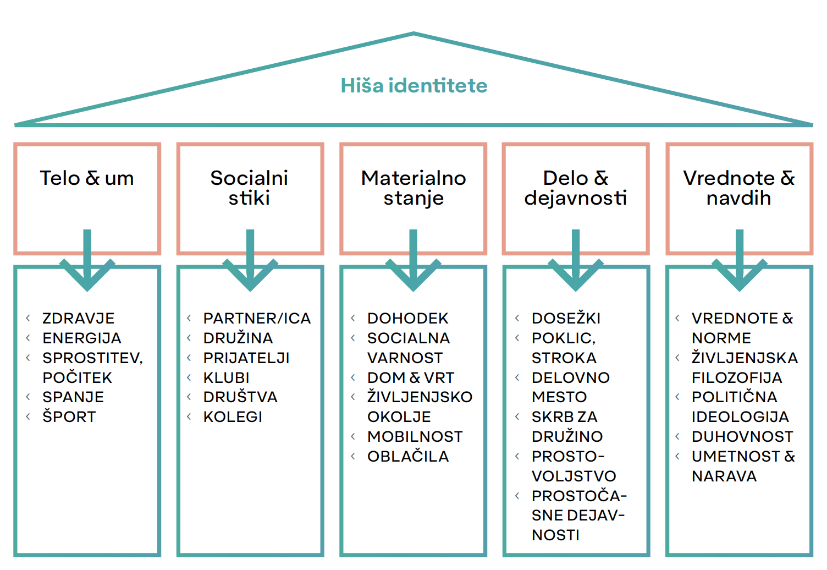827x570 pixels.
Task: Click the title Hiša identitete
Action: click(414, 86)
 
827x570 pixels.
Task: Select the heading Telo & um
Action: click(87, 178)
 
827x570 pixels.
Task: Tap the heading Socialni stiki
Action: click(249, 188)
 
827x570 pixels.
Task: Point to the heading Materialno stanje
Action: click(413, 188)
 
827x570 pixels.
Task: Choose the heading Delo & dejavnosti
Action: click(576, 188)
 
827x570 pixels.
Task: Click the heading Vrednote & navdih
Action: click(739, 188)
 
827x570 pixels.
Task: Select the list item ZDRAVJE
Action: click(78, 319)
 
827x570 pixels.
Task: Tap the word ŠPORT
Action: click(69, 416)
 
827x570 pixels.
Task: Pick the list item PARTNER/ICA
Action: click(257, 319)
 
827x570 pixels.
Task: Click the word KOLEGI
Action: click(233, 417)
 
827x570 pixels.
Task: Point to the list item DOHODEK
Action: click(407, 319)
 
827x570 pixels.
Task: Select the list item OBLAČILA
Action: click(408, 456)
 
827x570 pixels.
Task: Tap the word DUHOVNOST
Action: click(742, 437)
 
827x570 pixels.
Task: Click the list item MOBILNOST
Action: click(415, 437)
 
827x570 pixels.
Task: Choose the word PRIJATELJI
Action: click(246, 358)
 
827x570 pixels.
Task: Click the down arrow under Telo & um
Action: click(87, 260)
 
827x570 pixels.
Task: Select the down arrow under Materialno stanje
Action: click(413, 260)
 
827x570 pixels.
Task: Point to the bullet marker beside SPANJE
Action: click(27, 397)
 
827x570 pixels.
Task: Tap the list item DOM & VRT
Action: click(411, 377)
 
